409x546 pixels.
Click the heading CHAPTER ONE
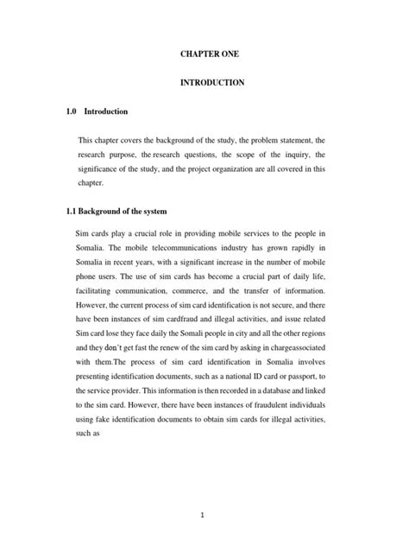click(204, 54)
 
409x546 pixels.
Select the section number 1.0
click(72, 111)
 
